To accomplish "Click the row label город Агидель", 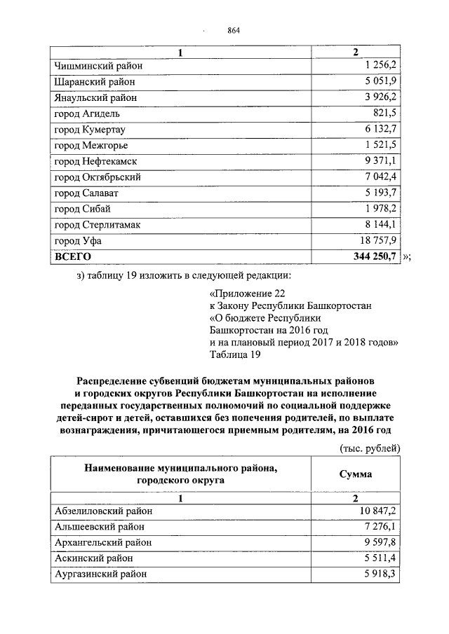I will click(x=87, y=113).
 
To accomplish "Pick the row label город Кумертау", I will click(x=91, y=130).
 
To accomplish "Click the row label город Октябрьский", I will click(x=98, y=177).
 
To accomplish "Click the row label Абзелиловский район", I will click(x=103, y=511).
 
